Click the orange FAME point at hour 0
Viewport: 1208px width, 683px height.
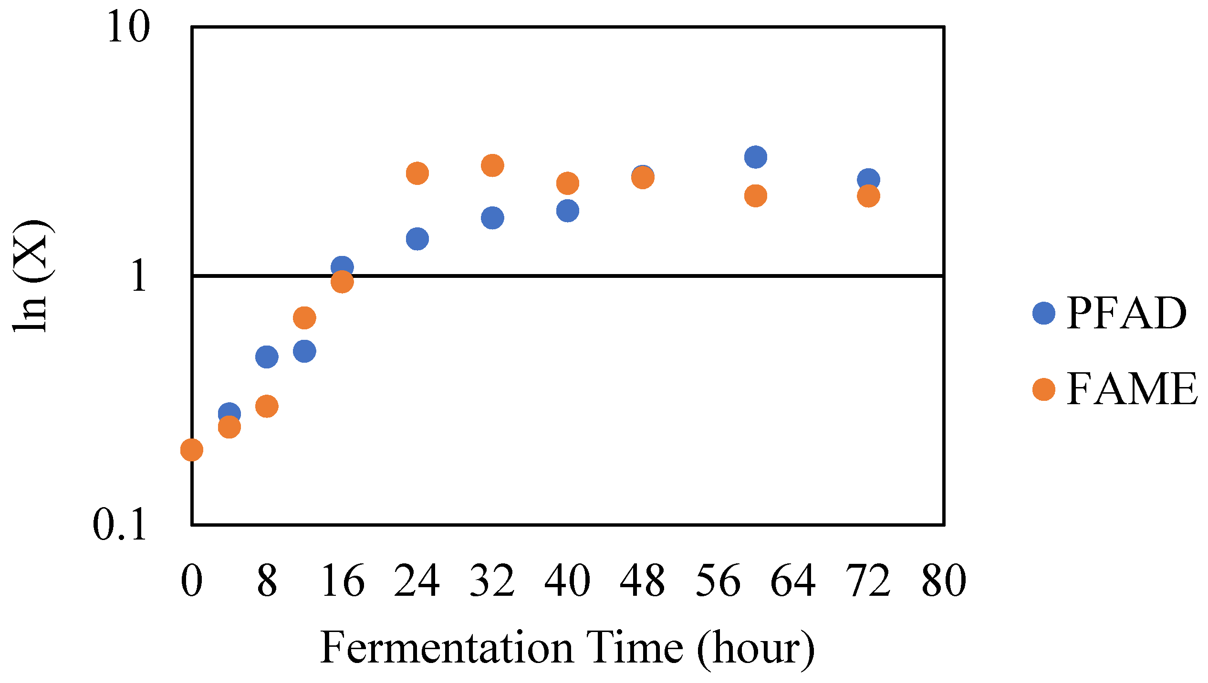tap(192, 449)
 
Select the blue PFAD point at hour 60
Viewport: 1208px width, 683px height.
tap(756, 157)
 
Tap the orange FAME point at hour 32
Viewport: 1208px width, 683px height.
tap(492, 165)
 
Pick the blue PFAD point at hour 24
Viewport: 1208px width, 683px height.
tap(417, 238)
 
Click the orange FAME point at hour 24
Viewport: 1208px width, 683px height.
tap(417, 173)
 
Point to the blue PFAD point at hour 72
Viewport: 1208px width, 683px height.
tap(868, 180)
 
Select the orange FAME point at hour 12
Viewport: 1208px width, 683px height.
tap(304, 317)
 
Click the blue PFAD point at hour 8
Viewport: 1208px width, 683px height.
tap(267, 357)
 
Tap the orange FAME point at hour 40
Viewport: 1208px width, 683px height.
tap(568, 183)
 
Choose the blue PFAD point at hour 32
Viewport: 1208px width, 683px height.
tap(492, 218)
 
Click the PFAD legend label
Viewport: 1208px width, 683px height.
tap(1126, 313)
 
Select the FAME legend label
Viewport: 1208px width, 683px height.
tap(1132, 389)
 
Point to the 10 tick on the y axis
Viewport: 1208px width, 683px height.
tap(128, 27)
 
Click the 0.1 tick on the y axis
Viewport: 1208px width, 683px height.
tap(119, 525)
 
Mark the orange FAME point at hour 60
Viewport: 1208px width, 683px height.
tap(756, 195)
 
